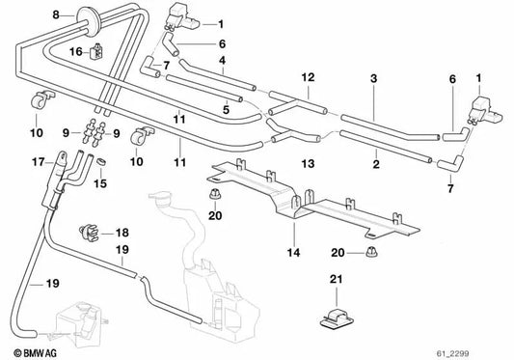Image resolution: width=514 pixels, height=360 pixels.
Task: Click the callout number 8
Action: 56,15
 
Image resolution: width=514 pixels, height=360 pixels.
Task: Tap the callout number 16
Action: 76,52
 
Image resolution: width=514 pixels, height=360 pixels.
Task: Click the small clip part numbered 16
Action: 96,52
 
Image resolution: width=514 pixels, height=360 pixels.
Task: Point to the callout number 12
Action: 309,77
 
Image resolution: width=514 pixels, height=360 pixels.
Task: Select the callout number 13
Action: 309,163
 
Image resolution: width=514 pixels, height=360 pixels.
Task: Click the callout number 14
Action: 293,252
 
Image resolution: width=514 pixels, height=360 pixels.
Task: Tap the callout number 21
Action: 336,279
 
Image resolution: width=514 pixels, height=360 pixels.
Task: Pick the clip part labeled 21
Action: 337,318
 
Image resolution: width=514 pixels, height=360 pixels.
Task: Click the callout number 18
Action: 122,233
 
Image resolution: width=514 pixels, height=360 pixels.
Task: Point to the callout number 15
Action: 100,183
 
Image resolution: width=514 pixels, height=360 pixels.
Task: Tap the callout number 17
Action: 39,162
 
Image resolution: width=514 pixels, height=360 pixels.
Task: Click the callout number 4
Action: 223,61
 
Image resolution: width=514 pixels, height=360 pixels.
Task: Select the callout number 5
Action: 226,110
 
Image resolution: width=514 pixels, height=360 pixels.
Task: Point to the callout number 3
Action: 374,78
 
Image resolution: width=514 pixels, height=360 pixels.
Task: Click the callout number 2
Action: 376,164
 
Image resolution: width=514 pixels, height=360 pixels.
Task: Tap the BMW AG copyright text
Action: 36,353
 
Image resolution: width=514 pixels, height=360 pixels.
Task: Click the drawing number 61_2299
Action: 452,353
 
